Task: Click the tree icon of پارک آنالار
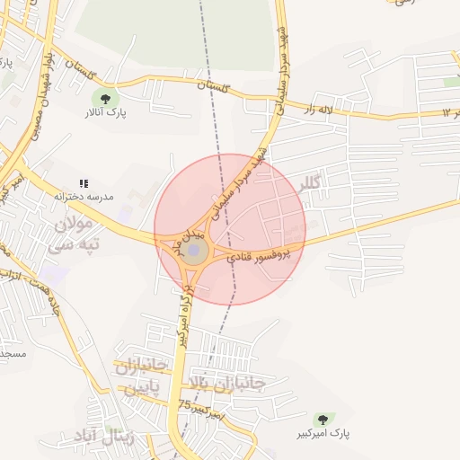coord(106,98)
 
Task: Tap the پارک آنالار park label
coord(106,114)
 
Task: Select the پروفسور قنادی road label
coord(258,256)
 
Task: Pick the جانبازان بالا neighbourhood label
coord(225,384)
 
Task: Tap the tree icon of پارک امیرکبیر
coord(322,420)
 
